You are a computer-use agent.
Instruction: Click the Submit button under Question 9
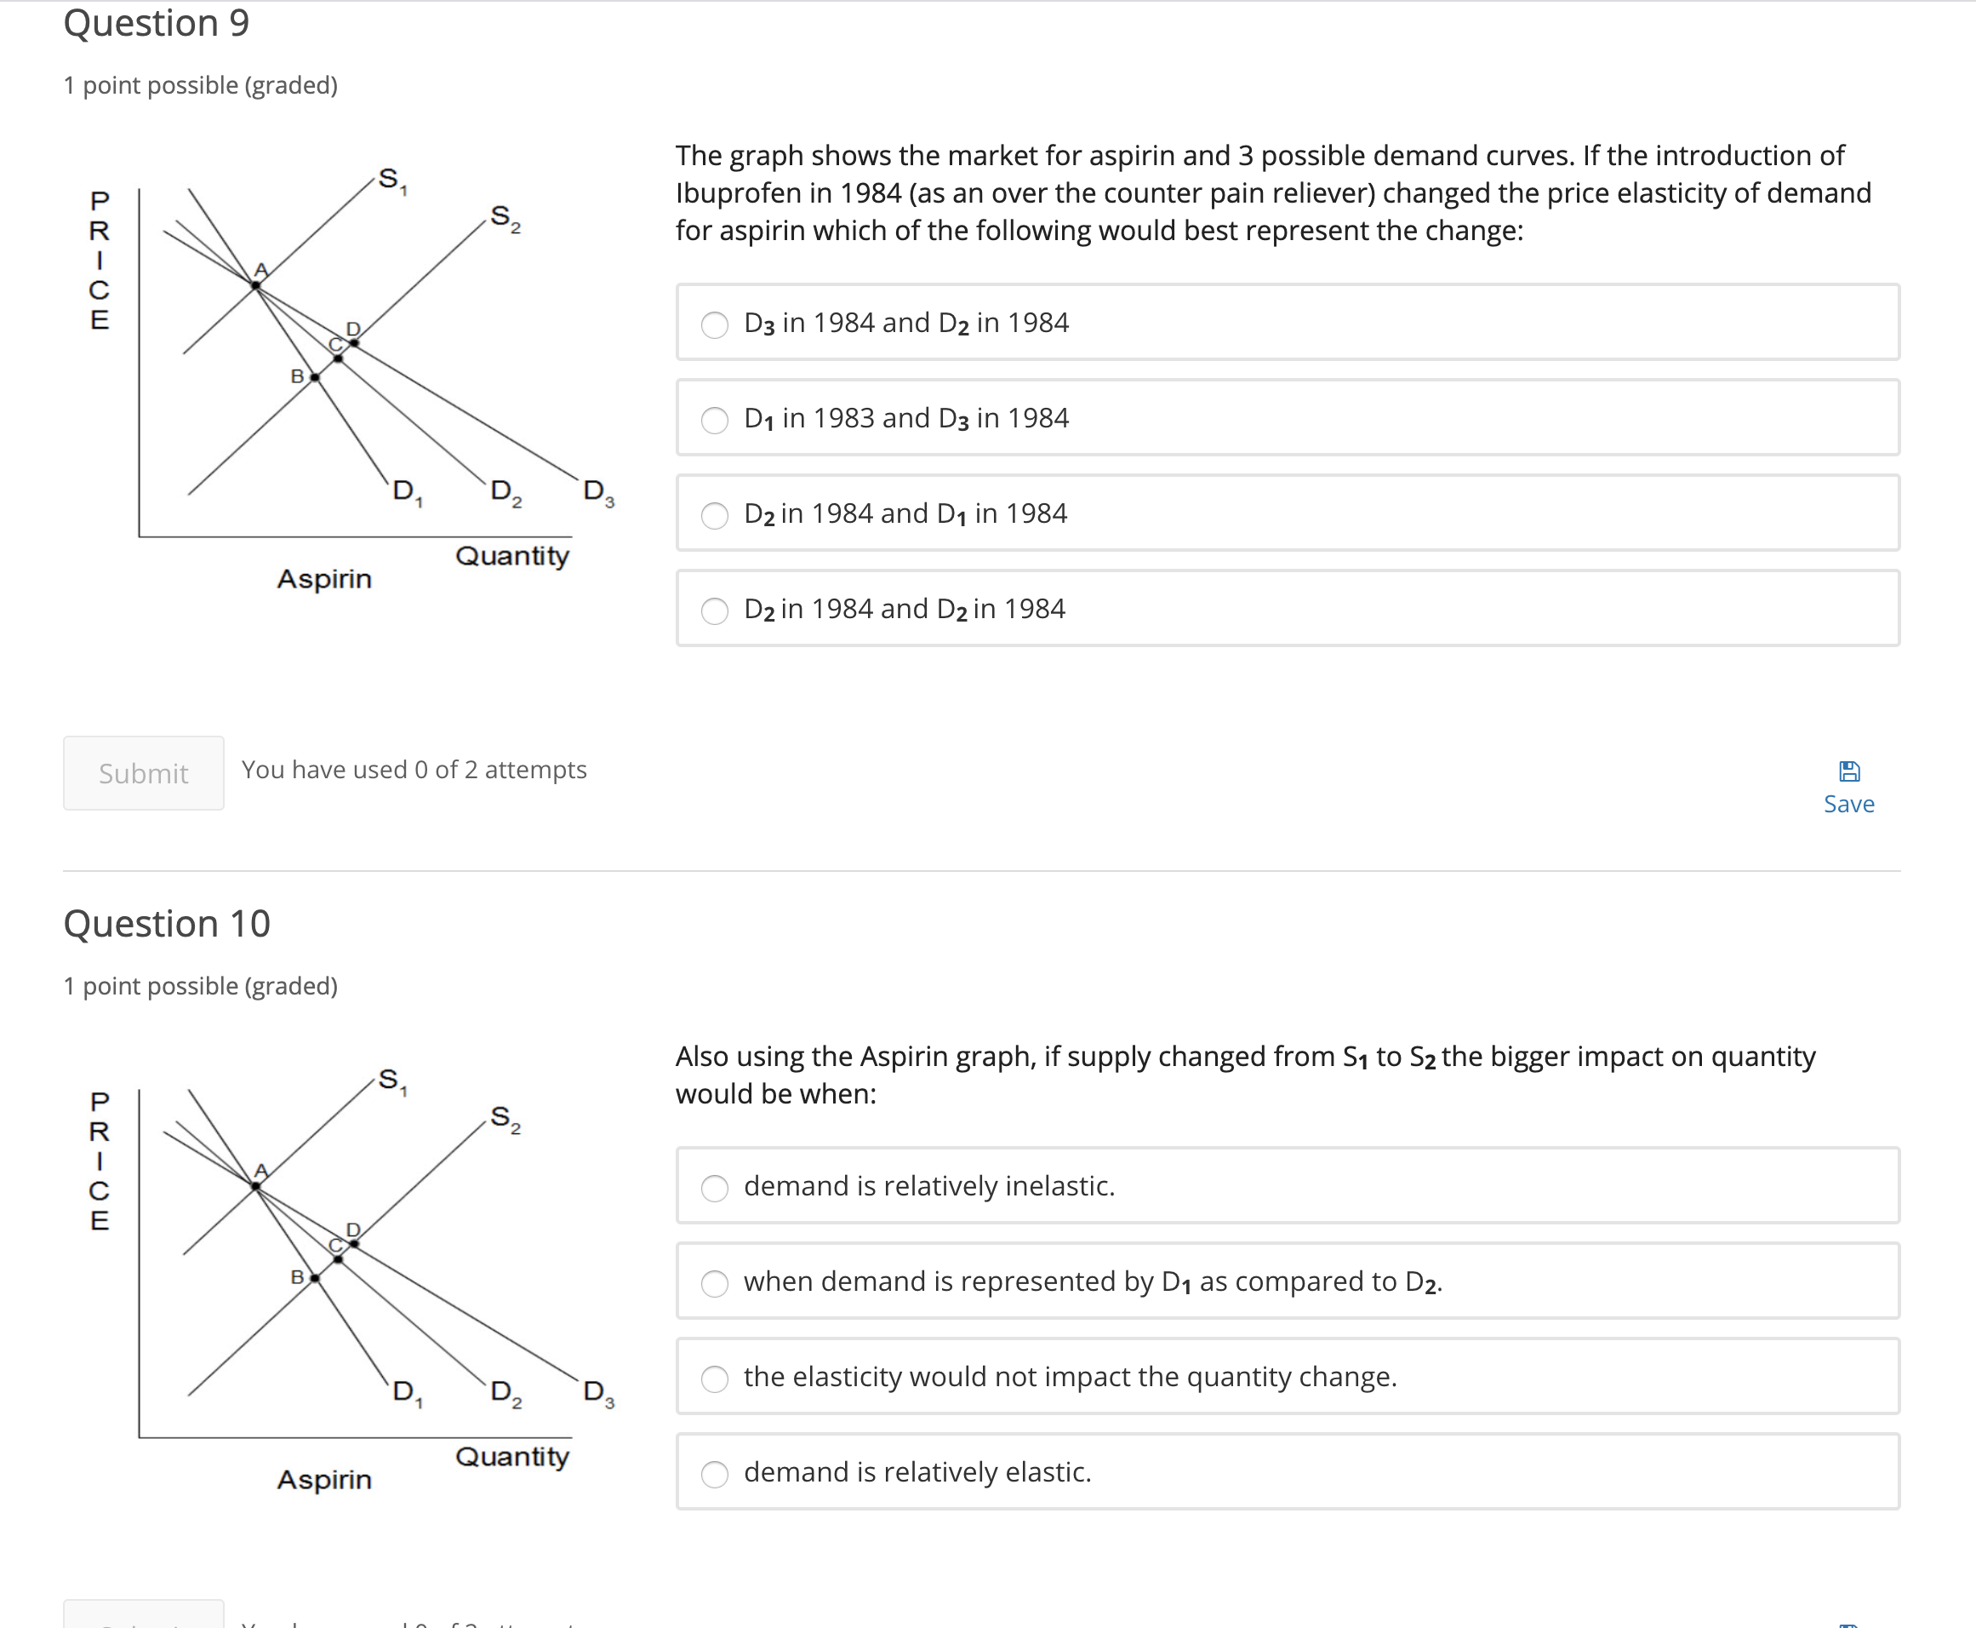coord(144,773)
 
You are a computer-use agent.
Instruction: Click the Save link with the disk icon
coord(1848,788)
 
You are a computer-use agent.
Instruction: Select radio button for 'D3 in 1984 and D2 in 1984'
coord(714,324)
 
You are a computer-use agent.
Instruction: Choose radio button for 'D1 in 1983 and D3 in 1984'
coord(714,419)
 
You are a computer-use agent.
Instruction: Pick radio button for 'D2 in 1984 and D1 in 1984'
coord(714,515)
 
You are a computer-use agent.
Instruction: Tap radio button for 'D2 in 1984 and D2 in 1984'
coord(714,610)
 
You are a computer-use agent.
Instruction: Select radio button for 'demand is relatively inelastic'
coord(714,1187)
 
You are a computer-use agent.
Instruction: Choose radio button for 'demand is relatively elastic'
coord(714,1473)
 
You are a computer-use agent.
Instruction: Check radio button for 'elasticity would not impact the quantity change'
coord(714,1378)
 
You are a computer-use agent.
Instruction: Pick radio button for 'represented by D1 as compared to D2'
coord(714,1283)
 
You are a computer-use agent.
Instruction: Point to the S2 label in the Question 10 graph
coord(505,1118)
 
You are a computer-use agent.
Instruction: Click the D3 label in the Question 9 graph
coord(597,491)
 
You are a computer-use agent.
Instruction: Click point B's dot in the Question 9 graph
coord(315,377)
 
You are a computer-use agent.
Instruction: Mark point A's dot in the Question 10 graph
coord(256,1186)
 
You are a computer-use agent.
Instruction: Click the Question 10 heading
coord(167,924)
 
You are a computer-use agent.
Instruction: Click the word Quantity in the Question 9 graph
coord(511,556)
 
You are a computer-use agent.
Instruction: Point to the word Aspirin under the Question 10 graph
coord(324,1480)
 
